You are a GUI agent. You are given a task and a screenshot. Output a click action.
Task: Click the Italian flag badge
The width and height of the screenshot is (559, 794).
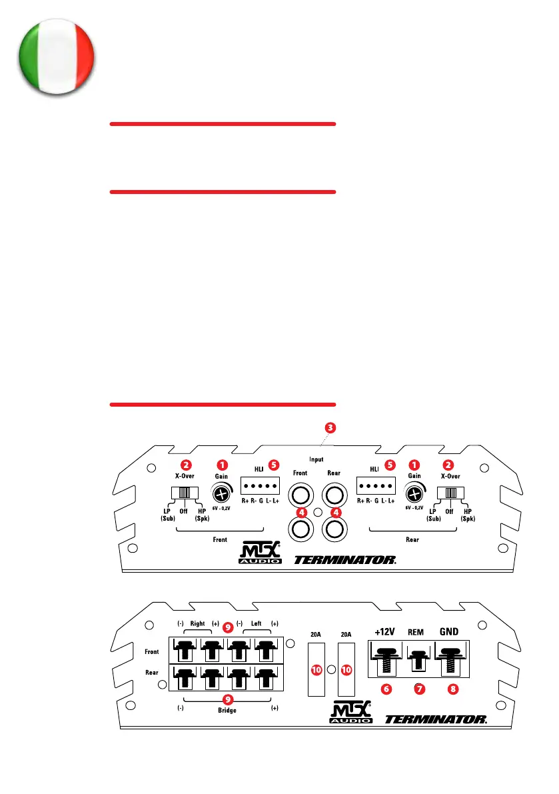[56, 56]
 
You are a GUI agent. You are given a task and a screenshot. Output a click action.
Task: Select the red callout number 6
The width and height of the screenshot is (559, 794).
[386, 689]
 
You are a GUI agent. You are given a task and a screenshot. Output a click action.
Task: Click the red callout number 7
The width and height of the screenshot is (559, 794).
[419, 689]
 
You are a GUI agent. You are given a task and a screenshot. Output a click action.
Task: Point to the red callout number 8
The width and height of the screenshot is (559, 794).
[453, 689]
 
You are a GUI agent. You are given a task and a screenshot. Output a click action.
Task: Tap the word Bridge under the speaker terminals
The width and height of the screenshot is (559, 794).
[227, 711]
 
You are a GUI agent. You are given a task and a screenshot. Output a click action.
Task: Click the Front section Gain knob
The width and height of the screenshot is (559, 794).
[221, 494]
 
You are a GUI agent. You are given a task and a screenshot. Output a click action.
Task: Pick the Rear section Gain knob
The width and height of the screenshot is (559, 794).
[414, 494]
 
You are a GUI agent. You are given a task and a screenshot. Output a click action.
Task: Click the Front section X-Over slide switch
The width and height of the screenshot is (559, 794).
[183, 493]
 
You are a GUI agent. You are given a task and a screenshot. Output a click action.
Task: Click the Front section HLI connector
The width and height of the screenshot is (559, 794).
[258, 486]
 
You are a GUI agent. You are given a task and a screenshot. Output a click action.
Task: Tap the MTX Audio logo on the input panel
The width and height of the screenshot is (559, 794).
[261, 555]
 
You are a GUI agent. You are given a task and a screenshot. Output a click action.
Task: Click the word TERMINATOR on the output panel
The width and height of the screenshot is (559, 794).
[436, 719]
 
